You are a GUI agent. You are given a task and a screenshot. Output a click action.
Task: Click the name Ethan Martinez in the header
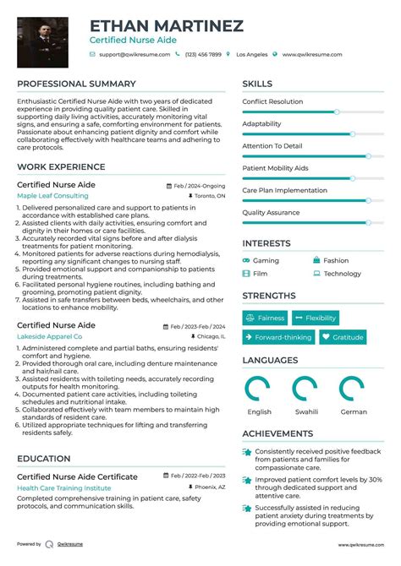click(x=166, y=26)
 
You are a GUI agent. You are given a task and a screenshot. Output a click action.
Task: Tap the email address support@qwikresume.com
click(x=134, y=54)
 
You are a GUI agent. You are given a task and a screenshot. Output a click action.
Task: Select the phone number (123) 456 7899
click(x=203, y=54)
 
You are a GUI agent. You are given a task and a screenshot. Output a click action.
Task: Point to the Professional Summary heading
click(x=76, y=84)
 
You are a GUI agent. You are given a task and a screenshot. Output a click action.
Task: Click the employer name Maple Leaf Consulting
click(x=52, y=195)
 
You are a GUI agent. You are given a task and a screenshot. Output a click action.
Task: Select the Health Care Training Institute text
click(x=63, y=487)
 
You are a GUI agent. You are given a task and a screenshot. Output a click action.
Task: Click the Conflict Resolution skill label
click(x=272, y=101)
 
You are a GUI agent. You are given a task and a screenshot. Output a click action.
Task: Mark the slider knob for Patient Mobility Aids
click(x=368, y=178)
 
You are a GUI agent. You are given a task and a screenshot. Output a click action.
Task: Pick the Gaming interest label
click(x=266, y=261)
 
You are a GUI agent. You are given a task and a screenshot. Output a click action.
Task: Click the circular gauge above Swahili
click(x=305, y=389)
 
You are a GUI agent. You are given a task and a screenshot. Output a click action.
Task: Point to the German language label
click(x=354, y=412)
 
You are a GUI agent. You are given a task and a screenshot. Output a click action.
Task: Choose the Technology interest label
click(x=342, y=274)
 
